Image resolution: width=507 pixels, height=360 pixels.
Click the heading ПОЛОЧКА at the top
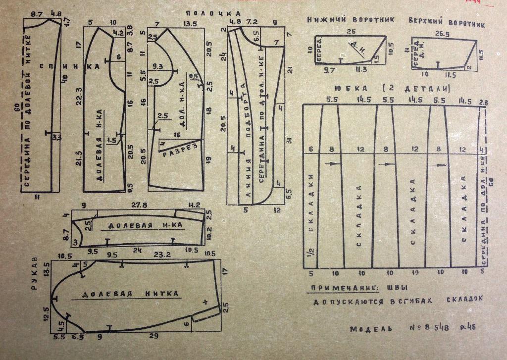point(213,13)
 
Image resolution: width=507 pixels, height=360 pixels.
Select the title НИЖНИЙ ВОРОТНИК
point(351,20)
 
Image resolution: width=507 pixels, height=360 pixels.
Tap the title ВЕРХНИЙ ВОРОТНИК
point(447,23)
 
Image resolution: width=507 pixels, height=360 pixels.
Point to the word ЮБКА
point(346,89)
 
